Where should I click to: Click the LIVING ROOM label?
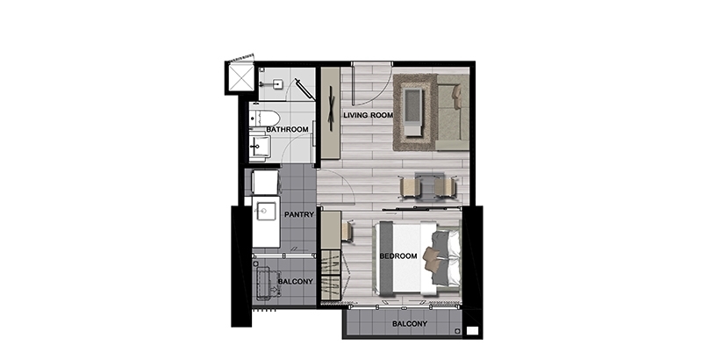tap(368, 115)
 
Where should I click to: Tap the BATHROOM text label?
tap(287, 129)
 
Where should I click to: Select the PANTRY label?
tap(299, 214)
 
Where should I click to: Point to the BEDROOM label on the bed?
tap(398, 256)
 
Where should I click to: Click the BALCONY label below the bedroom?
tap(410, 324)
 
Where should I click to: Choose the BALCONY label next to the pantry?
tap(295, 282)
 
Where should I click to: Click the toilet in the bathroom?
tap(265, 119)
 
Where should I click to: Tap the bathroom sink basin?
tap(260, 146)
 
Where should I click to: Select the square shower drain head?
tap(277, 83)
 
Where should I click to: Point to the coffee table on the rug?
tap(412, 112)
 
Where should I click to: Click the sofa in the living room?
tap(452, 112)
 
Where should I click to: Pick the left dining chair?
tap(411, 187)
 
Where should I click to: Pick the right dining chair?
tap(446, 187)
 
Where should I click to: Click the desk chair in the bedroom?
tap(347, 232)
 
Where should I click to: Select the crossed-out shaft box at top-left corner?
tap(240, 77)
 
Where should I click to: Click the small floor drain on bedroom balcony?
tap(456, 331)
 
